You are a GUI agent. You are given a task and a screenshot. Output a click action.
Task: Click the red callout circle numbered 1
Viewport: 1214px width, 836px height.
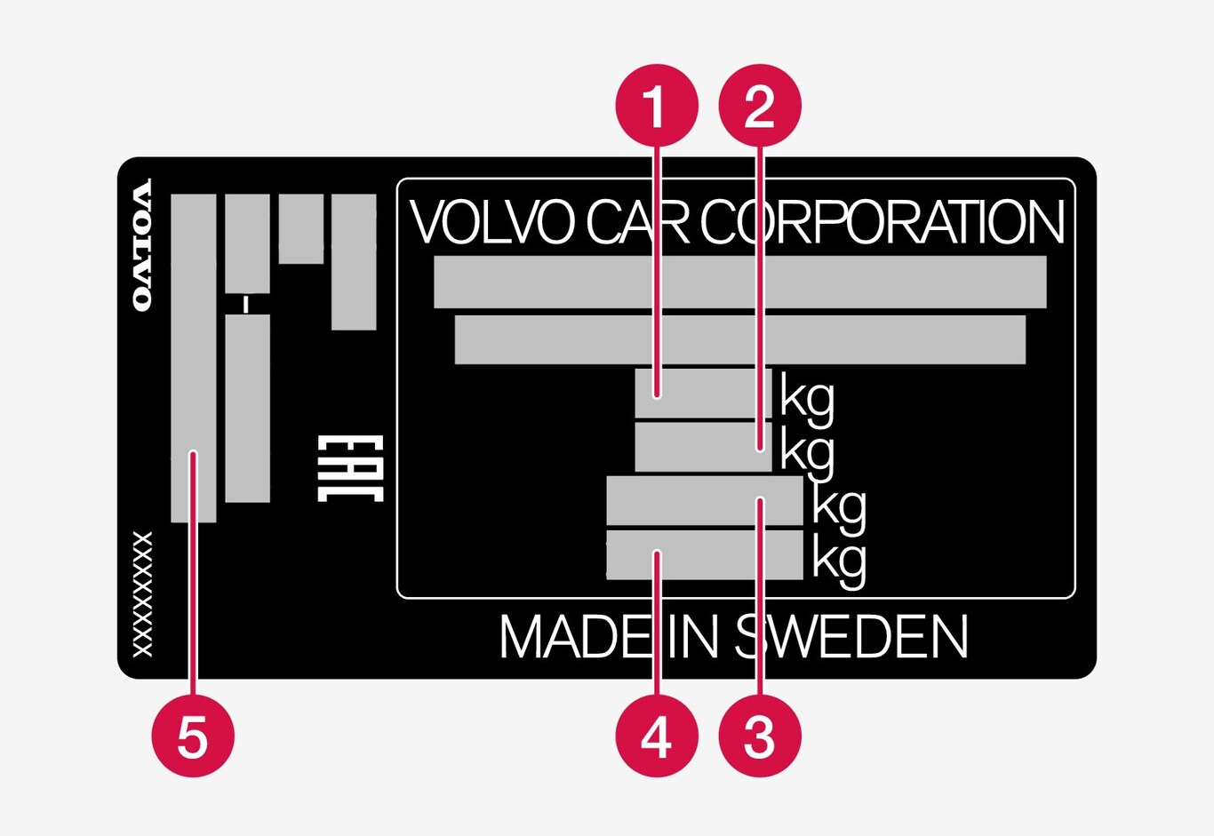click(x=657, y=106)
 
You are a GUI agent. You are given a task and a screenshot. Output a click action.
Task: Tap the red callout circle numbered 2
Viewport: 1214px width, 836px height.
click(x=760, y=106)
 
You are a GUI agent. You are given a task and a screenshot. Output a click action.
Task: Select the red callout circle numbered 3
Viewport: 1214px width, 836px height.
click(x=760, y=736)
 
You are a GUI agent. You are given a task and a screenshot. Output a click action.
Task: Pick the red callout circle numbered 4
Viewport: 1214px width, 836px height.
click(x=657, y=736)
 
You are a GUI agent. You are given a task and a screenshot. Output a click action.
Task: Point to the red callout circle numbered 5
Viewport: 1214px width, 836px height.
click(x=193, y=736)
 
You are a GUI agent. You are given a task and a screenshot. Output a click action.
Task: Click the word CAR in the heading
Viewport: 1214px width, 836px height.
click(x=637, y=222)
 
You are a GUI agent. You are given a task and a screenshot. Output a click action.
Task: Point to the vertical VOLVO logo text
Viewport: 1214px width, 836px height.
click(x=142, y=245)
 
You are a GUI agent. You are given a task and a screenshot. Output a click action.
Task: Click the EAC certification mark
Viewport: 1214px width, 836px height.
click(x=350, y=468)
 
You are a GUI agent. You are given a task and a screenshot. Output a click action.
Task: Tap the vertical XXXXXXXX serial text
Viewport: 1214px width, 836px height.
click(x=142, y=594)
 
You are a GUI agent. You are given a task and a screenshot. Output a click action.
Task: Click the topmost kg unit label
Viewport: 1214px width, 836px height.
click(x=808, y=398)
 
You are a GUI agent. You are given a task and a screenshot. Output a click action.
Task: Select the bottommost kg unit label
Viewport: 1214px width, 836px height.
click(x=839, y=561)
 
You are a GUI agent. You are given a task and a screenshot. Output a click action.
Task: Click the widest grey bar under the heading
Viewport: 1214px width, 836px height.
click(x=739, y=283)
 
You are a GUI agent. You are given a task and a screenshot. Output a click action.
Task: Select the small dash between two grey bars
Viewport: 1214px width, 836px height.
click(x=246, y=305)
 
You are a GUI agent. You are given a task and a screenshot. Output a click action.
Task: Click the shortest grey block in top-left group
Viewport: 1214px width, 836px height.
click(x=300, y=229)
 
